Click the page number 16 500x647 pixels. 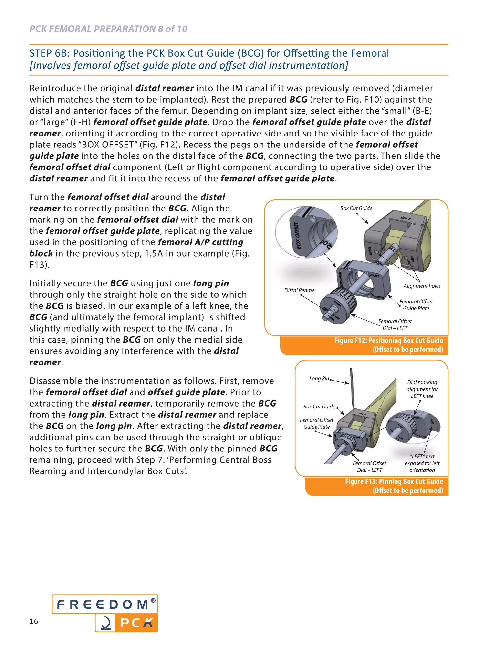[34, 621]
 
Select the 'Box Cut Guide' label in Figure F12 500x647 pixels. [356, 208]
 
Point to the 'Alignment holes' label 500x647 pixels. [422, 286]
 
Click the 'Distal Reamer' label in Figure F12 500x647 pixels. [300, 290]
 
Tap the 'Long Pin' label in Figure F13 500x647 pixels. [319, 379]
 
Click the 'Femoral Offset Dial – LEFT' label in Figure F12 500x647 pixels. [395, 325]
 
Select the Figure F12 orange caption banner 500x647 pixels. [364, 345]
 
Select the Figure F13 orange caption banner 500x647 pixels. [377, 486]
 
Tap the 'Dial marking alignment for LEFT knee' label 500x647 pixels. [422, 389]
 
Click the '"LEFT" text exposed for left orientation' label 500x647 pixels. [422, 463]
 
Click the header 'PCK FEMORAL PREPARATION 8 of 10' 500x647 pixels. [108, 29]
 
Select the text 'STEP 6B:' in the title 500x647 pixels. [50, 53]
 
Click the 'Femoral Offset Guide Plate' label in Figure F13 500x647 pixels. [316, 423]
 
